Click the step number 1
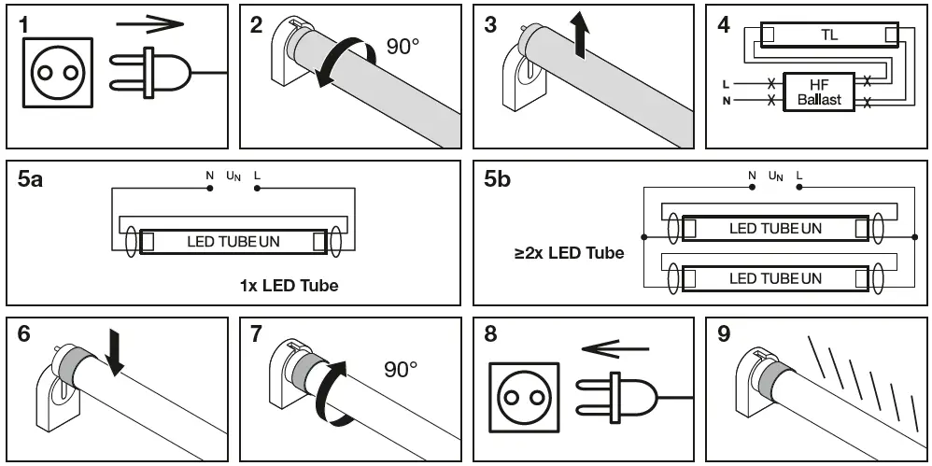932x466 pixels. click(26, 25)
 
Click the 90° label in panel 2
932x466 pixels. click(403, 47)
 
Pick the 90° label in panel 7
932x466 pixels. click(402, 370)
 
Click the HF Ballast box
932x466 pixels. click(818, 92)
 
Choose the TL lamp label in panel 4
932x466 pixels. click(828, 35)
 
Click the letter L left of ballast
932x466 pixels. click(726, 84)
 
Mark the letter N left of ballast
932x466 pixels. click(726, 100)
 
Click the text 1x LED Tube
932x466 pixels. click(289, 285)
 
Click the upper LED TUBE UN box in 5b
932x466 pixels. click(775, 229)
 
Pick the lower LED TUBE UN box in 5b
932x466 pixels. click(775, 278)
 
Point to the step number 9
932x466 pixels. click(725, 335)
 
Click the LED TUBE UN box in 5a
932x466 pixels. click(233, 242)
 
